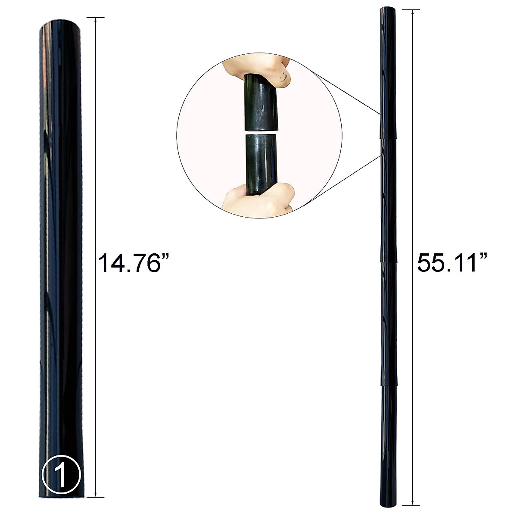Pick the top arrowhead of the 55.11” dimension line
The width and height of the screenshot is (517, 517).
[413, 12]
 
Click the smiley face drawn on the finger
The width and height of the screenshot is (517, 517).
[282, 78]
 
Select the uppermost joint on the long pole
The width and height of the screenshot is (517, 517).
[388, 138]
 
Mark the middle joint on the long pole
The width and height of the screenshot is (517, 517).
[388, 261]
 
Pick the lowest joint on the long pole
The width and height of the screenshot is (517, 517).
[388, 385]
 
